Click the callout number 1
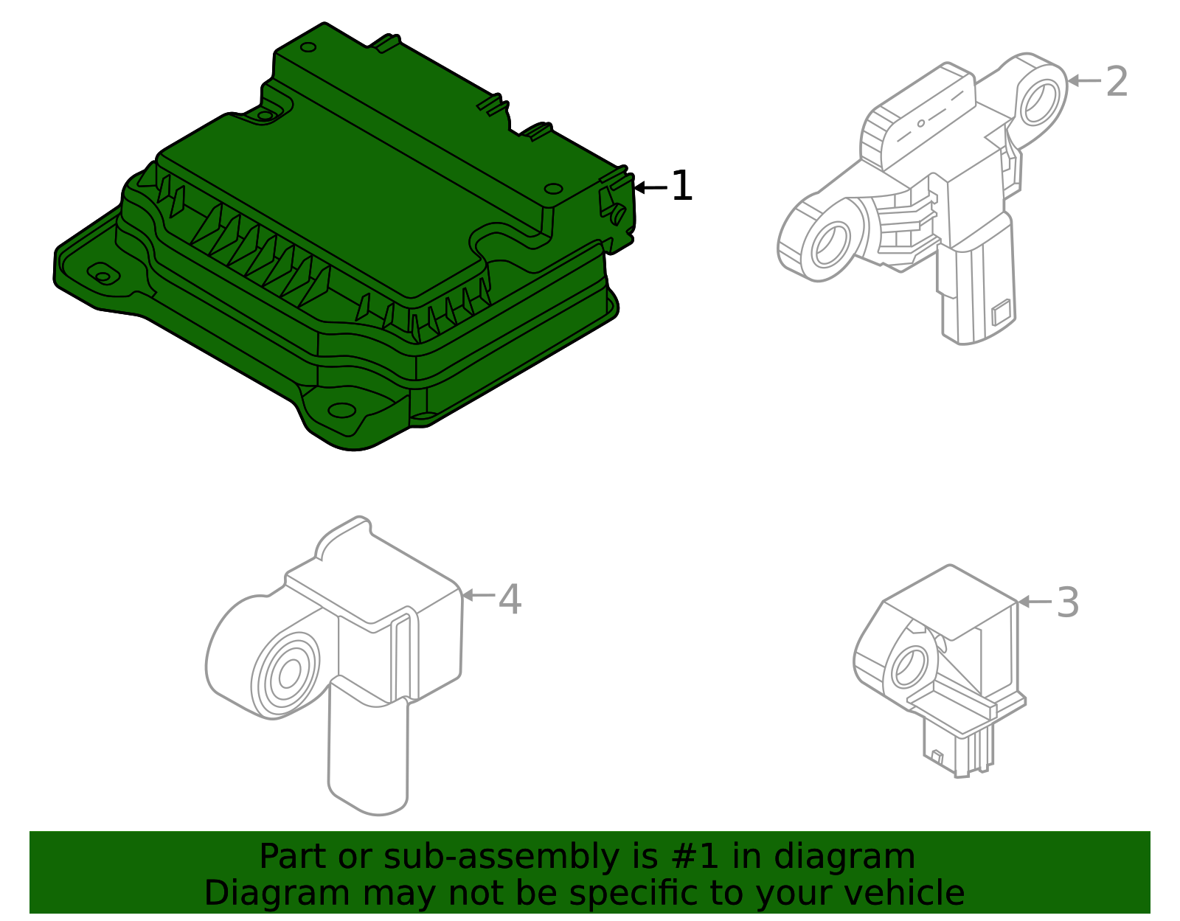[681, 186]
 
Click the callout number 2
[1117, 81]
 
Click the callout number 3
[1067, 602]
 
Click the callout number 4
[510, 599]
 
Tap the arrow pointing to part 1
[650, 187]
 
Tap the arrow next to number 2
[1083, 80]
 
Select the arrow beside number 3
[1034, 602]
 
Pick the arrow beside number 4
[478, 594]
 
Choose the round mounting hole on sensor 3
[909, 667]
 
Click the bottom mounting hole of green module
[341, 410]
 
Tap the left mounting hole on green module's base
[103, 275]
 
